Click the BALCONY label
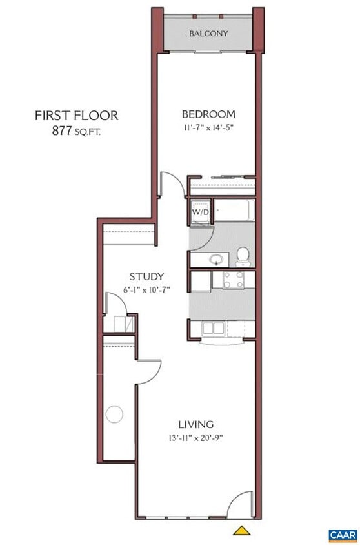point(208,34)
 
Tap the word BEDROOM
point(208,114)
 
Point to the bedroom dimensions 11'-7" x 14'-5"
point(208,127)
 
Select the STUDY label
point(146,276)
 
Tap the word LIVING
point(195,424)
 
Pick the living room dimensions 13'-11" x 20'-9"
point(195,437)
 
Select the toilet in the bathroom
point(243,256)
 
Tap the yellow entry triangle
point(241,530)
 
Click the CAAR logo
point(343,535)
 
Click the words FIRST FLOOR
point(76,116)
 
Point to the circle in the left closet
point(114,414)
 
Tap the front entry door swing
point(240,502)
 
